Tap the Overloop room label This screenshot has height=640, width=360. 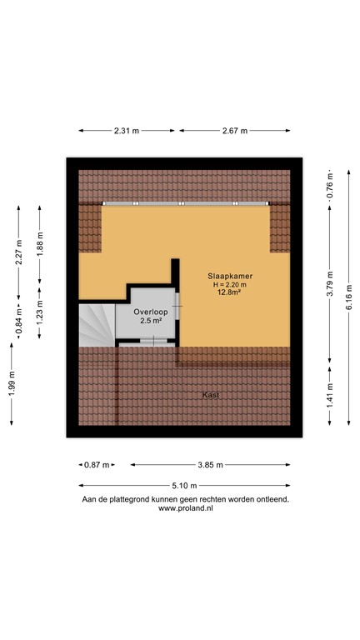150,311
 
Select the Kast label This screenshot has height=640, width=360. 212,395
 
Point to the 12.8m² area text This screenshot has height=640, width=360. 230,292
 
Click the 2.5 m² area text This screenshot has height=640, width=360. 150,321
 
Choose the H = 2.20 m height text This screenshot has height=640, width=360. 230,284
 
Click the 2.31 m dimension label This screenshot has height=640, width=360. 127,130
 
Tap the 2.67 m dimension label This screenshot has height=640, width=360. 237,130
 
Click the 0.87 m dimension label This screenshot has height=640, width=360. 97,464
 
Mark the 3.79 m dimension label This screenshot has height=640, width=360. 329,284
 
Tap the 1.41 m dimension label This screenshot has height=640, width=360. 329,391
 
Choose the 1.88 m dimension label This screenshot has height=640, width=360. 40,242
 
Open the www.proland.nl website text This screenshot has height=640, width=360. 184,507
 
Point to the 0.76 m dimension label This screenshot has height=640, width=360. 329,186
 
